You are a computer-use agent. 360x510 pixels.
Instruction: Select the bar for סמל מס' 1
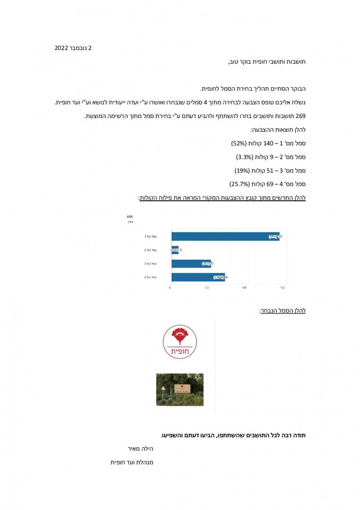[x=226, y=237]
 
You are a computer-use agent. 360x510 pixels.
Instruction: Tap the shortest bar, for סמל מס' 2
[x=175, y=250]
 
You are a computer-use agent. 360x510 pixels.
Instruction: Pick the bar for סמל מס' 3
[x=191, y=263]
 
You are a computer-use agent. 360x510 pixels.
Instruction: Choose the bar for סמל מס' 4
[x=198, y=277]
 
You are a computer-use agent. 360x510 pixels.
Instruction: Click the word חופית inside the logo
[x=180, y=351]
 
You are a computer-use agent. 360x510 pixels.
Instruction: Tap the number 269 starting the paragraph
[x=300, y=116]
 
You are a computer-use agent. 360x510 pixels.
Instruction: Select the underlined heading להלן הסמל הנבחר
[x=283, y=310]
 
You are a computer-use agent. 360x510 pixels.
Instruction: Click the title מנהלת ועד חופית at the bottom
[x=132, y=462]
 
